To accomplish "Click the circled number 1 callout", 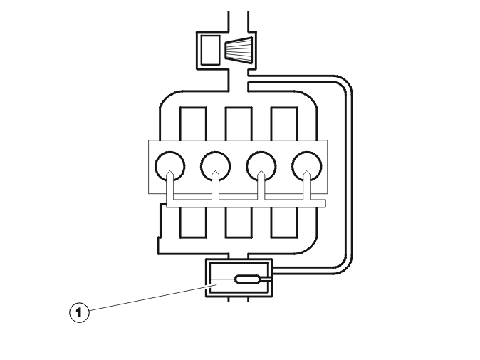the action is [x=79, y=312].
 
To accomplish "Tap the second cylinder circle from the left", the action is [x=202, y=167].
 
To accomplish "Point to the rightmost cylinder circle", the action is [x=293, y=167].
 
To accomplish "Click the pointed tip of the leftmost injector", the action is [x=170, y=171].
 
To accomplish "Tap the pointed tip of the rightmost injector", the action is [x=307, y=171].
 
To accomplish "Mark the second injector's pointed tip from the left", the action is [x=216, y=171].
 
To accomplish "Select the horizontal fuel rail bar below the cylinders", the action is [x=246, y=203].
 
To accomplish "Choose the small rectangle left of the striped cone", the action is [x=210, y=50].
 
